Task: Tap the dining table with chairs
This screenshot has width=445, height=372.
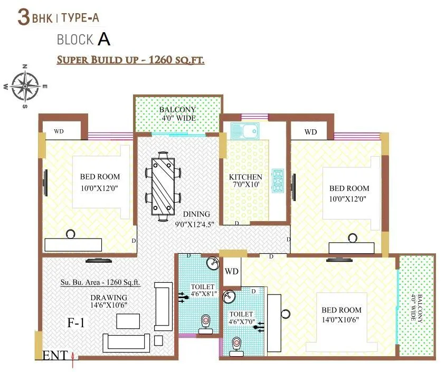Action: [x=163, y=186]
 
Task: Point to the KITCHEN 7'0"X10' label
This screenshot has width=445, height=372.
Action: [x=245, y=181]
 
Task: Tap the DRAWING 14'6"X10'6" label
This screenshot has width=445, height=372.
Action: [x=108, y=301]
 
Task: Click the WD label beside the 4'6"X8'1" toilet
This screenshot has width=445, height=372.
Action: [x=232, y=272]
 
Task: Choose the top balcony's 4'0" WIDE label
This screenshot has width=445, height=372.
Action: [x=177, y=113]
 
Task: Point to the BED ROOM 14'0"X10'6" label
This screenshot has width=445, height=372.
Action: [x=342, y=314]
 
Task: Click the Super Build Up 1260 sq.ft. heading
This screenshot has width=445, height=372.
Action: [x=130, y=60]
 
